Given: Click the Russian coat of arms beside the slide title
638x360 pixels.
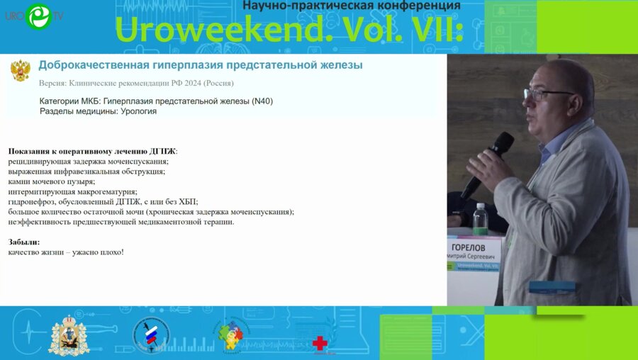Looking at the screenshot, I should (x=21, y=69).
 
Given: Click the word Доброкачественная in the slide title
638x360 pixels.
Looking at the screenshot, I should (x=94, y=65).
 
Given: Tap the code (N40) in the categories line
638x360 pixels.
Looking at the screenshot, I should (x=262, y=101).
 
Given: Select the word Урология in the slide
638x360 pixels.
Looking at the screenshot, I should (x=135, y=111).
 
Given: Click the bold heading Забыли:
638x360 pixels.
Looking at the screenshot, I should (x=24, y=242).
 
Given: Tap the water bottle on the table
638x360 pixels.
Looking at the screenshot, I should (x=480, y=220).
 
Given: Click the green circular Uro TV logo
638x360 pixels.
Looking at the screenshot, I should (x=39, y=16).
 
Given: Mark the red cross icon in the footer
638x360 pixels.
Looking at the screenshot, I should (x=320, y=343).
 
